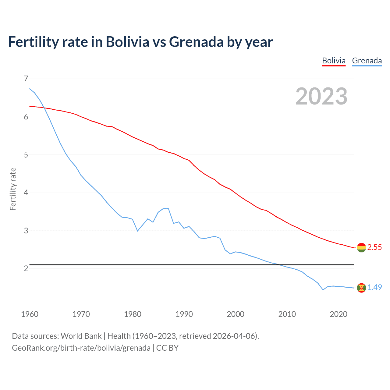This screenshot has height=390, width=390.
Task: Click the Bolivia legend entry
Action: (x=334, y=61)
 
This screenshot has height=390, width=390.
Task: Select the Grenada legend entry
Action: (x=367, y=61)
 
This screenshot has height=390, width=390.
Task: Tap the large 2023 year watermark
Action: (x=321, y=96)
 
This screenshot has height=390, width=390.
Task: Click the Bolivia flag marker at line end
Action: (x=361, y=247)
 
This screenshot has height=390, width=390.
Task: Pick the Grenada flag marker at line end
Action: (x=361, y=288)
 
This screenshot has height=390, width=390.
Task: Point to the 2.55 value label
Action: (x=374, y=247)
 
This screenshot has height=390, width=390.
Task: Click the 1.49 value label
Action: (x=374, y=287)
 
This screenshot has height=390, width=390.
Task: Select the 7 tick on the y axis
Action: (x=26, y=79)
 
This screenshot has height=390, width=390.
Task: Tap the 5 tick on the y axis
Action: (x=26, y=155)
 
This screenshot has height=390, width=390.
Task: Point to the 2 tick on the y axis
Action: (x=26, y=268)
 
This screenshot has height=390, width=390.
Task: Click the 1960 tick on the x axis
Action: (x=30, y=314)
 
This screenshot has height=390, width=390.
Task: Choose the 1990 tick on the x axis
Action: (x=184, y=314)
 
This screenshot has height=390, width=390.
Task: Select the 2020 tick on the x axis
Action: (x=339, y=314)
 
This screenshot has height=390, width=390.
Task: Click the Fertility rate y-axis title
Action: (x=13, y=189)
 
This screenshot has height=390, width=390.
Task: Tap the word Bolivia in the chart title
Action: (x=127, y=42)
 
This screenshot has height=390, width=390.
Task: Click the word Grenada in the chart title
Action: (x=196, y=42)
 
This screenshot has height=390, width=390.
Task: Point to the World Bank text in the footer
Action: (x=81, y=336)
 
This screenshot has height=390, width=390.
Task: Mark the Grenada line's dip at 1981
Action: (x=137, y=231)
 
